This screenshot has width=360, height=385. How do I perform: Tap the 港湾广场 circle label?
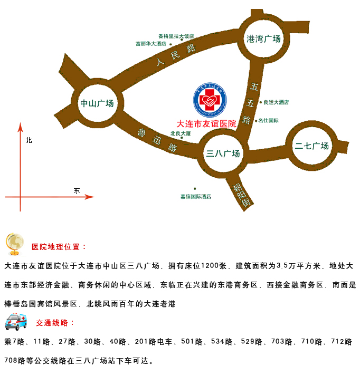click(x=264, y=38)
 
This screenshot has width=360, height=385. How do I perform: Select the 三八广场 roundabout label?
click(x=223, y=153)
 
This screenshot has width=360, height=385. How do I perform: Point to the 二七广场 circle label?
click(x=312, y=146)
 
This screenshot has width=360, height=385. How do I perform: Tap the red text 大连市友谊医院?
click(x=206, y=123)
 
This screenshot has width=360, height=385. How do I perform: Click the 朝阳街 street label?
click(x=241, y=195)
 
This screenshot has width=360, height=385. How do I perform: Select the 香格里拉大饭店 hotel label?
click(x=176, y=36)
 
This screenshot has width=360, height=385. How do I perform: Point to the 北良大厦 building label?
click(x=180, y=133)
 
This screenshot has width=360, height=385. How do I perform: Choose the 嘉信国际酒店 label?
click(x=196, y=196)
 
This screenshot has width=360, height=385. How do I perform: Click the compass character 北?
click(x=29, y=140)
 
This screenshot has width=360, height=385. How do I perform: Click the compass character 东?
click(x=77, y=190)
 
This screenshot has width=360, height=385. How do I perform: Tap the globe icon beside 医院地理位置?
click(x=15, y=243)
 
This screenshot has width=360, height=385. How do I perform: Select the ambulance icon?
click(x=15, y=321)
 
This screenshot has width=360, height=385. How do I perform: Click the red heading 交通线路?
click(x=55, y=323)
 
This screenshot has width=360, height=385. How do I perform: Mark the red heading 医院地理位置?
click(x=59, y=247)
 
